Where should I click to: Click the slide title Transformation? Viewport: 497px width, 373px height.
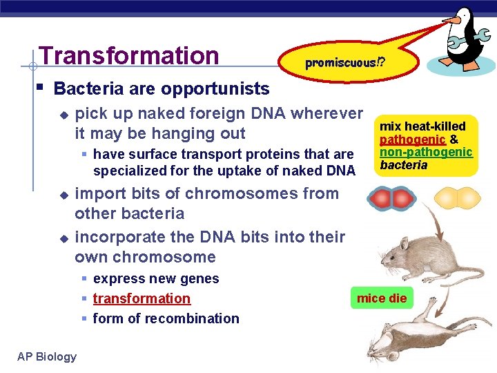click(x=129, y=55)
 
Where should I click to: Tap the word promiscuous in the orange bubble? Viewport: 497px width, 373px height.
click(x=341, y=63)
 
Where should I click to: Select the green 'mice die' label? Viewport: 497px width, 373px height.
click(x=382, y=298)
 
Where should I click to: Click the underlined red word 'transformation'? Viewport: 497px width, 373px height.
click(x=142, y=298)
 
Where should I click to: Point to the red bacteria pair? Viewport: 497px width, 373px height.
click(x=390, y=200)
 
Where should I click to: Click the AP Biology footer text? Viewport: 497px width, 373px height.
click(x=47, y=356)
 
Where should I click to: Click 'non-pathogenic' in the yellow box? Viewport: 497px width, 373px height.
click(x=426, y=152)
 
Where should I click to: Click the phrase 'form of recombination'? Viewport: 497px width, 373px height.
click(x=166, y=318)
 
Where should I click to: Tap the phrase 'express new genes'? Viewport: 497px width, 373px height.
click(x=156, y=278)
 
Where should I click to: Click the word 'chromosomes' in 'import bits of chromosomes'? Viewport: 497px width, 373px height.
click(x=237, y=193)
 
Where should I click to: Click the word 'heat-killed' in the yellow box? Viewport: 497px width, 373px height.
click(x=436, y=126)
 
